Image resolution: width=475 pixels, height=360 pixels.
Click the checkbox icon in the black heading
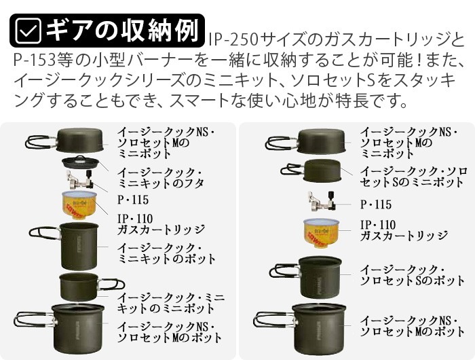pos(28,31)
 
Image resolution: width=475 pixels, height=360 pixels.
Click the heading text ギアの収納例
pos(122,31)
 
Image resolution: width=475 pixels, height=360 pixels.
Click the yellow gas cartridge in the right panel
pos(322,233)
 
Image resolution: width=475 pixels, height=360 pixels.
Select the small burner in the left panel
pos(80,180)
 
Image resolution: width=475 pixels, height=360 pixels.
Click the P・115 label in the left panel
pos(133,200)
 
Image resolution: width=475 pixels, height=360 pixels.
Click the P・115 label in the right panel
pos(376,204)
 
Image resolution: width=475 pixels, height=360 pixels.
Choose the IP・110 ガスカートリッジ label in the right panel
pos(404,230)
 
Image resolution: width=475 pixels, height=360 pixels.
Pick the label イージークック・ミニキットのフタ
pos(160,178)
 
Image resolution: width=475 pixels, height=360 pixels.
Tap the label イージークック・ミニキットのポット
pos(166,253)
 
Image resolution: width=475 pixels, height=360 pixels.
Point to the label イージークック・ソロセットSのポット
pos(412,275)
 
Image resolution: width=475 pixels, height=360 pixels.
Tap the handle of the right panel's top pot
pos(282,143)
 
